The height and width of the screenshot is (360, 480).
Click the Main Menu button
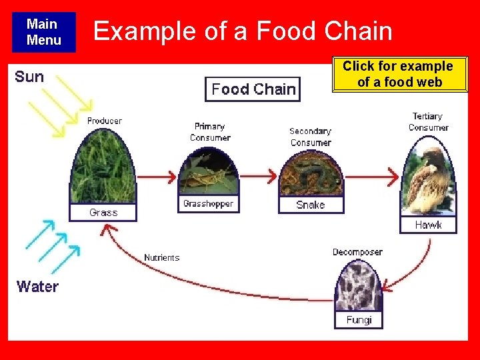pyautogui.click(x=43, y=32)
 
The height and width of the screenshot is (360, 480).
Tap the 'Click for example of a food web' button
pyautogui.click(x=399, y=74)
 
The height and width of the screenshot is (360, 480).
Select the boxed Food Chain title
pyautogui.click(x=253, y=89)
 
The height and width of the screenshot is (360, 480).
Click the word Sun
pyautogui.click(x=29, y=77)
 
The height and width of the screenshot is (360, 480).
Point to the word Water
pyautogui.click(x=37, y=287)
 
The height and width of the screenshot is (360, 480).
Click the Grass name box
pyautogui.click(x=103, y=212)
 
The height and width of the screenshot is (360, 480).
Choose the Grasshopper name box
pyautogui.click(x=207, y=203)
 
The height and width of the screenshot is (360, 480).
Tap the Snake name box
pyautogui.click(x=311, y=205)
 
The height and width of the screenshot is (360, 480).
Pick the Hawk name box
pyautogui.click(x=428, y=225)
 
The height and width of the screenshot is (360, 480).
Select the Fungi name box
pyautogui.click(x=359, y=320)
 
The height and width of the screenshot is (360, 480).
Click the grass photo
pyautogui.click(x=103, y=167)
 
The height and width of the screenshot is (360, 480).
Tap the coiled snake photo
pyautogui.click(x=311, y=175)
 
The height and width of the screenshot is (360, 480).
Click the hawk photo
pyautogui.click(x=428, y=177)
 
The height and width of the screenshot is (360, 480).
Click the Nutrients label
pyautogui.click(x=161, y=257)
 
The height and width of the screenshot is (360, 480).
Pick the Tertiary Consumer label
pyautogui.click(x=428, y=122)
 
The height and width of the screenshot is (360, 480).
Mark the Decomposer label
pyautogui.click(x=357, y=252)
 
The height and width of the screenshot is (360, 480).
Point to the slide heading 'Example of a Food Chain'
pyautogui.click(x=243, y=31)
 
